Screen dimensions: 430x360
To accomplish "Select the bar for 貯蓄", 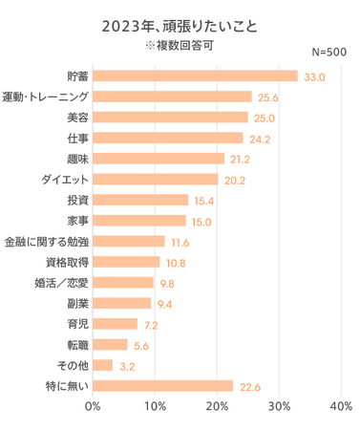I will [x=195, y=75].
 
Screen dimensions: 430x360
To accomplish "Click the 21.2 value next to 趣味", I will [x=241, y=159].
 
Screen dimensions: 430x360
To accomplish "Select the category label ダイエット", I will [x=65, y=179].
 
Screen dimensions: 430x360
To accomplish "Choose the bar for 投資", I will [x=140, y=200].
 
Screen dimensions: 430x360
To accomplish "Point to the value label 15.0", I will [x=201, y=221].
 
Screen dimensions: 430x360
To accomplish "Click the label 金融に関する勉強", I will [x=47, y=241].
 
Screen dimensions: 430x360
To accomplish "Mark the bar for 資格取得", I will [x=126, y=262].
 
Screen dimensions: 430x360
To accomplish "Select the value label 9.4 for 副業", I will [x=166, y=304].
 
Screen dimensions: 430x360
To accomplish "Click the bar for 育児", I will [x=115, y=324].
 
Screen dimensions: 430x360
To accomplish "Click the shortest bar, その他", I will [x=102, y=365].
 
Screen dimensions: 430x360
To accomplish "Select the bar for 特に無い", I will [x=162, y=386].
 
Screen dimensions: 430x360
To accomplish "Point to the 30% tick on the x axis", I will [x=279, y=407].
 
